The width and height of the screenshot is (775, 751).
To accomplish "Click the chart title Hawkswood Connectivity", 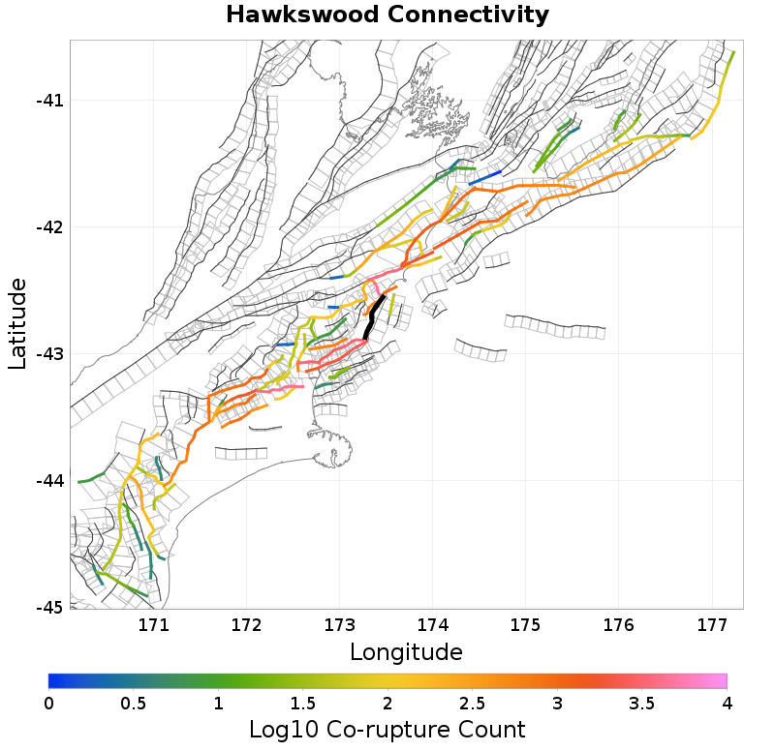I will pyautogui.click(x=387, y=15).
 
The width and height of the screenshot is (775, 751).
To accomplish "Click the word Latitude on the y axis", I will pyautogui.click(x=16, y=323).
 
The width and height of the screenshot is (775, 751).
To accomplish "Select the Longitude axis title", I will pyautogui.click(x=406, y=650).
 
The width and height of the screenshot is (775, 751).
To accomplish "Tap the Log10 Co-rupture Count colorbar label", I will pyautogui.click(x=387, y=730).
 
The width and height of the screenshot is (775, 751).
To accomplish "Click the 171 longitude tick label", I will pyautogui.click(x=154, y=625).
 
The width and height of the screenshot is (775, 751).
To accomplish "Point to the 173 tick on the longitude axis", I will pyautogui.click(x=340, y=625).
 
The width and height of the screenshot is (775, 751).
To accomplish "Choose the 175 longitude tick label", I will pyautogui.click(x=525, y=625).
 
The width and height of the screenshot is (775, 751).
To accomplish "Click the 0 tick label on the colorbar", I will pyautogui.click(x=49, y=702).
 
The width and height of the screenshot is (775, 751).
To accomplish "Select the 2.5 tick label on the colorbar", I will pyautogui.click(x=472, y=702).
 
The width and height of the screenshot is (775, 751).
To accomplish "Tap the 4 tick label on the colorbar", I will pyautogui.click(x=726, y=702).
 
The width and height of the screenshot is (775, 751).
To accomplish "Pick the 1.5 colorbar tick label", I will pyautogui.click(x=302, y=702).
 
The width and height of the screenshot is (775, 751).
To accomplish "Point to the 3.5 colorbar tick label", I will pyautogui.click(x=641, y=702).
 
